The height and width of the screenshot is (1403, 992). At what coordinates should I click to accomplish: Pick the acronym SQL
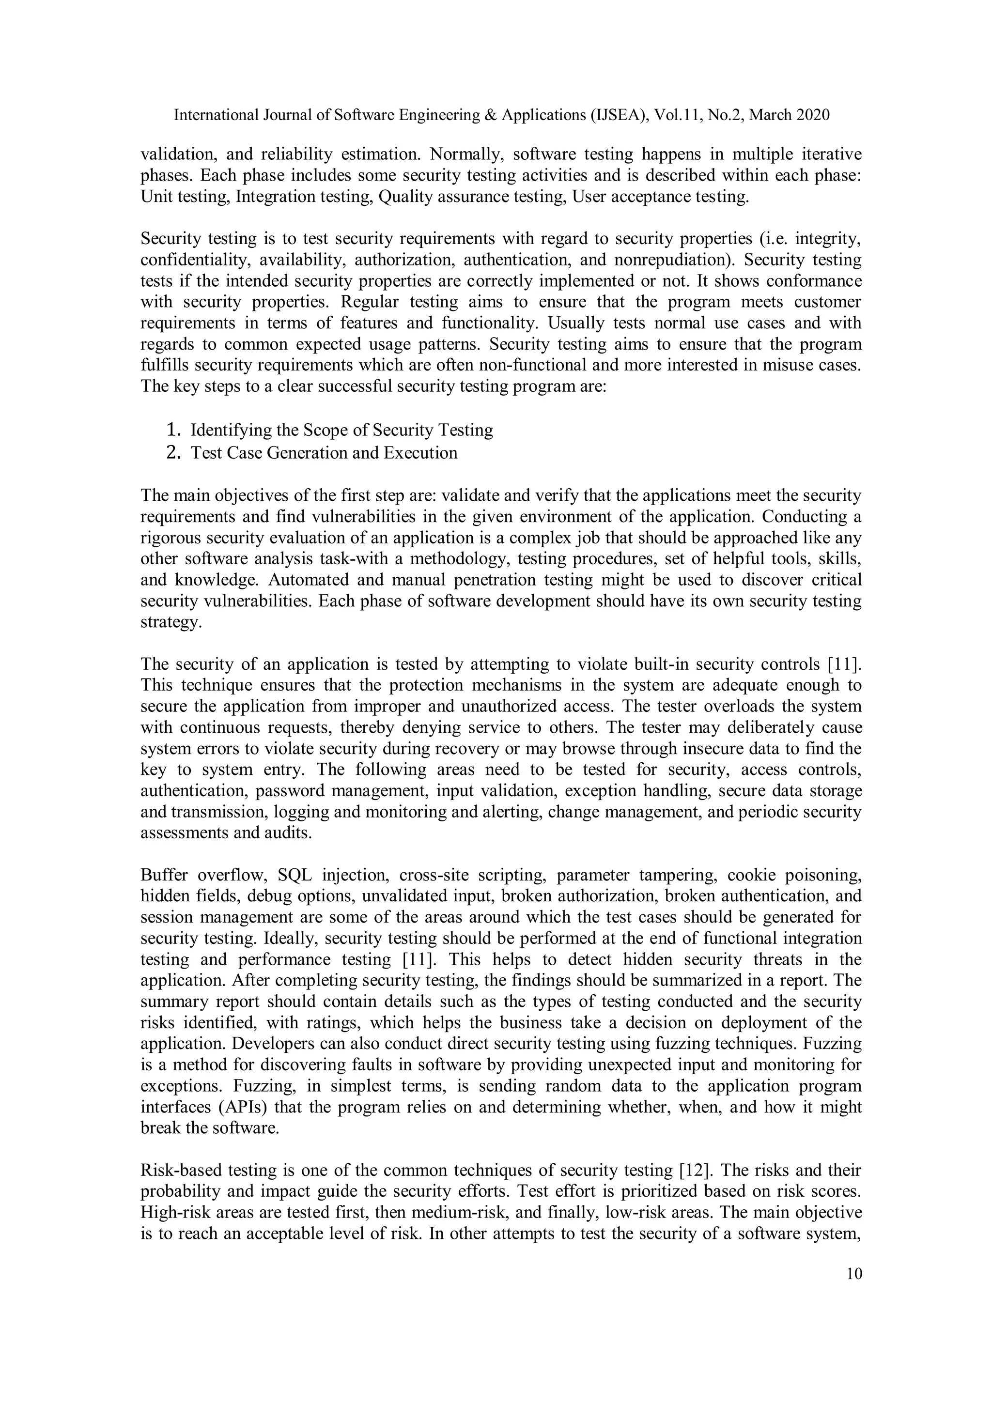click(x=294, y=875)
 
